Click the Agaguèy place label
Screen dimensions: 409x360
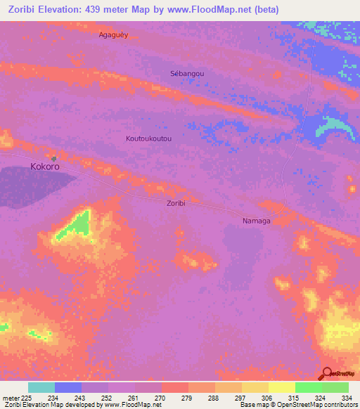point(114,34)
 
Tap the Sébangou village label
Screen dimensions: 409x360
point(188,73)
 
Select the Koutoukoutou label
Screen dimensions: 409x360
point(148,138)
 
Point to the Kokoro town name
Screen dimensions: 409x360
point(44,167)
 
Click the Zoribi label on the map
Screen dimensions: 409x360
point(176,203)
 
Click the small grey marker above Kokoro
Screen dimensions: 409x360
point(54,158)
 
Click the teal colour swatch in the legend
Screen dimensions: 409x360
point(41,387)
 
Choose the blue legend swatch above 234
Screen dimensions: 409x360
point(68,387)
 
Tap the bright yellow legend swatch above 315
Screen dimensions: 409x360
point(282,387)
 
